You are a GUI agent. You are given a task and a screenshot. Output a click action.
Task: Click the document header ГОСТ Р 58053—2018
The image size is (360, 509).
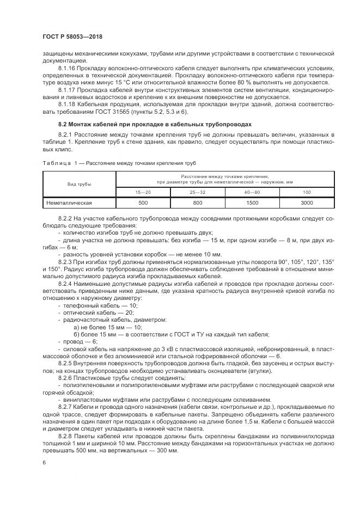[x=72, y=37]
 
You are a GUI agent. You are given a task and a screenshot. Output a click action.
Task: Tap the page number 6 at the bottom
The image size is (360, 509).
[x=44, y=462]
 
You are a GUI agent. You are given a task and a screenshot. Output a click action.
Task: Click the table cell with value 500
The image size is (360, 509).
[x=143, y=203]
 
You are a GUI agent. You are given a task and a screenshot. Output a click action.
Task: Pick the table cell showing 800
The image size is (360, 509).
[x=197, y=203]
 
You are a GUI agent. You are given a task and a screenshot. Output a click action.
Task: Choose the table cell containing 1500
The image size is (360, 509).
[x=252, y=203]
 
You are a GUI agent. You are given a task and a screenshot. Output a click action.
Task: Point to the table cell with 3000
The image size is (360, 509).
[x=307, y=203]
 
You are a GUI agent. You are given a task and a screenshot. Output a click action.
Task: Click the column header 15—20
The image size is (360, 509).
[x=143, y=192]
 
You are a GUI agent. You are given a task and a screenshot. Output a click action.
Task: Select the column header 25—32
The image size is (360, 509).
[x=197, y=192]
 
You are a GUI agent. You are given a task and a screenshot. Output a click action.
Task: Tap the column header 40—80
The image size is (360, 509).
[x=252, y=192]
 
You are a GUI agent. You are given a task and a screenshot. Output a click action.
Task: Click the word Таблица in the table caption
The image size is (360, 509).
[x=56, y=163]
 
